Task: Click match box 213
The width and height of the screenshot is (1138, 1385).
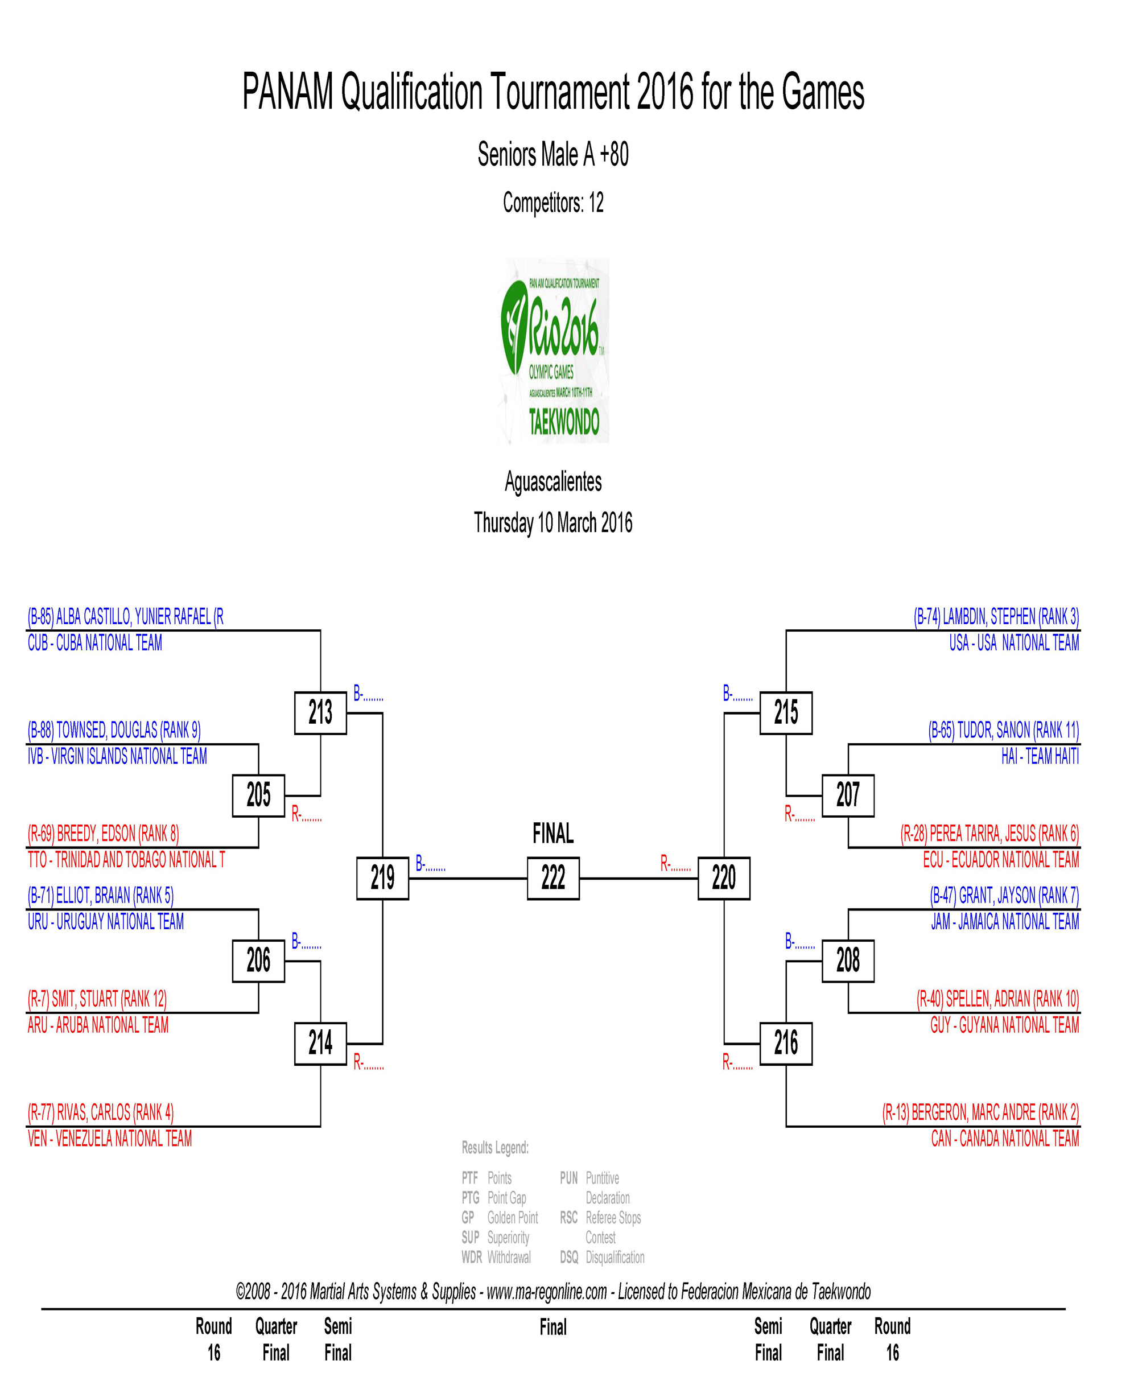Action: click(x=320, y=712)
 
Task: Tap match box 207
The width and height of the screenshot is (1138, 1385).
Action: click(x=848, y=795)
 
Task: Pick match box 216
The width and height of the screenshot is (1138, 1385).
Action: click(x=785, y=1043)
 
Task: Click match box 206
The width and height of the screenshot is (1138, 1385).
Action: click(x=258, y=961)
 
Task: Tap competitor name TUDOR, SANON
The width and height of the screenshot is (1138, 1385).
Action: click(x=1003, y=729)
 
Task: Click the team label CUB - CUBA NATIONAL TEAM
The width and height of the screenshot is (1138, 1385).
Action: click(x=94, y=643)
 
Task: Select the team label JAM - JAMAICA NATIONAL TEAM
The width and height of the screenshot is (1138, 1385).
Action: click(x=1004, y=922)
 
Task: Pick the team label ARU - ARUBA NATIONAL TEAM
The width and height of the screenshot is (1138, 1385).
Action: click(x=98, y=1025)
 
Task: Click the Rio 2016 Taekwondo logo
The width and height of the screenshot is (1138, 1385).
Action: click(x=554, y=351)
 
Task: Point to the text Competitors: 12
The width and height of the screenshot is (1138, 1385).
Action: click(x=552, y=203)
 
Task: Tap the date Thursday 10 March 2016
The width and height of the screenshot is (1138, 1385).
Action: click(x=552, y=523)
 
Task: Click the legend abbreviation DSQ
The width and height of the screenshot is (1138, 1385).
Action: click(x=568, y=1257)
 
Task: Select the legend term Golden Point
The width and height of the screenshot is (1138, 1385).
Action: click(x=512, y=1217)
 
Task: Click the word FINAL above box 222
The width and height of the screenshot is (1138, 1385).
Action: click(x=552, y=834)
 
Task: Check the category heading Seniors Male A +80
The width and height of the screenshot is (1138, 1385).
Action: click(x=552, y=155)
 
